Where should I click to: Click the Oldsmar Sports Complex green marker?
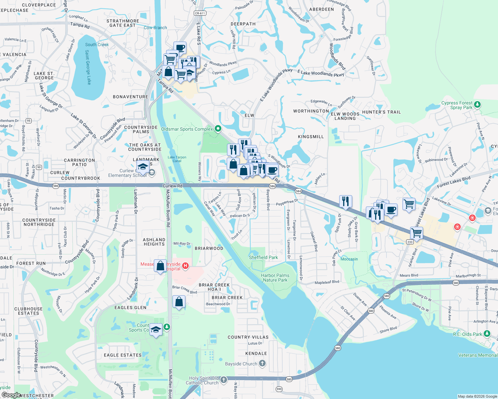click(218, 128)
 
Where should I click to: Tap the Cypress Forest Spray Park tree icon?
click(477, 105)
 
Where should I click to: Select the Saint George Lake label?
click(88, 67)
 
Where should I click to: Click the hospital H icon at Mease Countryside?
click(186, 266)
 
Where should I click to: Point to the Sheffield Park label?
click(263, 257)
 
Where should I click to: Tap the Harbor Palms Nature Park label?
click(275, 278)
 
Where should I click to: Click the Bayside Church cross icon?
click(262, 363)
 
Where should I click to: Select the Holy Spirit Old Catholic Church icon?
click(224, 380)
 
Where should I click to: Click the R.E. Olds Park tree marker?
click(487, 333)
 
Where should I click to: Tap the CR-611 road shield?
click(200, 13)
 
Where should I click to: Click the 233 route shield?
click(410, 242)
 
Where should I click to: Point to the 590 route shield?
click(279, 389)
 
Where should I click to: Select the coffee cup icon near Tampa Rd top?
click(180, 48)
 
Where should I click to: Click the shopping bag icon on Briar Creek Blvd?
click(179, 302)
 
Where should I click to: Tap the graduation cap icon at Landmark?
click(143, 166)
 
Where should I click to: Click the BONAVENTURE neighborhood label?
click(130, 97)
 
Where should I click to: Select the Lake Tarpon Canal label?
click(177, 159)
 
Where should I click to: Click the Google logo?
click(11, 395)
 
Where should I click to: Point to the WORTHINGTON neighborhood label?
click(311, 111)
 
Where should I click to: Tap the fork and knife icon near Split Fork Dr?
click(346, 201)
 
